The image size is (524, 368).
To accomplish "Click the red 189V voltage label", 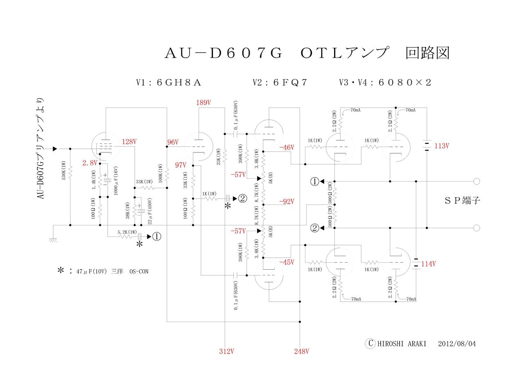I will tap(203, 102).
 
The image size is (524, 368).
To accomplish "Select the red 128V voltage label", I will tap(129, 142).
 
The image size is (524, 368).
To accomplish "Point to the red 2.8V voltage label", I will tap(90, 163).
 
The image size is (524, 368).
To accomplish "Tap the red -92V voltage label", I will tap(287, 201).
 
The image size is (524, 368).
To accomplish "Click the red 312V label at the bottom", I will tap(226, 351).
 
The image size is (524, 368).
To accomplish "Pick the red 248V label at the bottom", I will tap(301, 351).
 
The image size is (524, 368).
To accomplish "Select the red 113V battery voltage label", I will tap(442, 146).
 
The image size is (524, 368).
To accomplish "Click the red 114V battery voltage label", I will tap(428, 264).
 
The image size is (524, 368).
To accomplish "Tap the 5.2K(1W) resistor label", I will tap(127, 232).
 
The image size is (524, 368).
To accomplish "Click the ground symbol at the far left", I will tap(53, 240).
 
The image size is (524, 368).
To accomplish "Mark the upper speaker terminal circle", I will tap(476, 181).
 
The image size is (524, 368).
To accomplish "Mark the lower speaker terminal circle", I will tap(476, 228).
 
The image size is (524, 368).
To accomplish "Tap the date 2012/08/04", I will tap(457, 343).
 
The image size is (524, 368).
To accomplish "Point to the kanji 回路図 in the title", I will tap(427, 53).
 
